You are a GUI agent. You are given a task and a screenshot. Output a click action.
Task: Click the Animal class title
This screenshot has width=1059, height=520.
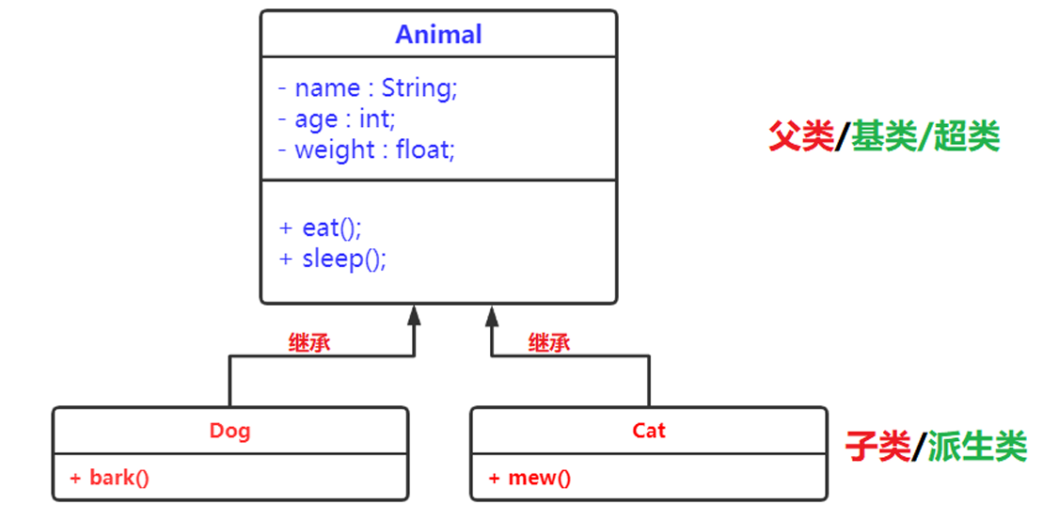438,35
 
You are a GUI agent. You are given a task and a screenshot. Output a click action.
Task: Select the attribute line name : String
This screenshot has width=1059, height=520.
368,88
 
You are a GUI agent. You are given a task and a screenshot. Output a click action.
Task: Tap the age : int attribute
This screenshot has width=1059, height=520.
338,119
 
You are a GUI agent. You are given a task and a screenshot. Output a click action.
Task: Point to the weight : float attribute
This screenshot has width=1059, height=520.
366,150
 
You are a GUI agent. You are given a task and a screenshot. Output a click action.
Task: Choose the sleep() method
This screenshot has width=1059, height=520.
334,259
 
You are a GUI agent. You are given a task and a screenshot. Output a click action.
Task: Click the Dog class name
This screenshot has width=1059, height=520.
229,431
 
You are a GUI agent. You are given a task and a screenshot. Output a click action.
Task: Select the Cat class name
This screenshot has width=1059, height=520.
648,431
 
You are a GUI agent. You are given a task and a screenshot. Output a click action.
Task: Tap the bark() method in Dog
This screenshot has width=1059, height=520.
110,478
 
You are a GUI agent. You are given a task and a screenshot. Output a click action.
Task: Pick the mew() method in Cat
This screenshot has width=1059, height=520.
529,478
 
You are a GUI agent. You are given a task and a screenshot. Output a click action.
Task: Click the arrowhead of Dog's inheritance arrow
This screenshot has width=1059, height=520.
413,316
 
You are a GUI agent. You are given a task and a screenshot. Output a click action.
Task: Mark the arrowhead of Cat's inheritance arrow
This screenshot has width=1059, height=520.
491,316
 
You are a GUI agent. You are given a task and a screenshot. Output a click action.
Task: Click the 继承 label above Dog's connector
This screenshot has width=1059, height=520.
309,342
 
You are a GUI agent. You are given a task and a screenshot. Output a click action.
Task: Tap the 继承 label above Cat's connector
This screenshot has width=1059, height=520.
549,342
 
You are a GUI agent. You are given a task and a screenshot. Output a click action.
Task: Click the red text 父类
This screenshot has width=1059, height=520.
801,138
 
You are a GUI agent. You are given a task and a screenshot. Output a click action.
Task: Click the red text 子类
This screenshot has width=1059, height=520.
877,447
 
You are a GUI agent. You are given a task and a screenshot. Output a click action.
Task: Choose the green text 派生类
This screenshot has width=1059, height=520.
977,447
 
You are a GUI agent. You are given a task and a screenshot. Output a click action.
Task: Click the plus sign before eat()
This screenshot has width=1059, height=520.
286,228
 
